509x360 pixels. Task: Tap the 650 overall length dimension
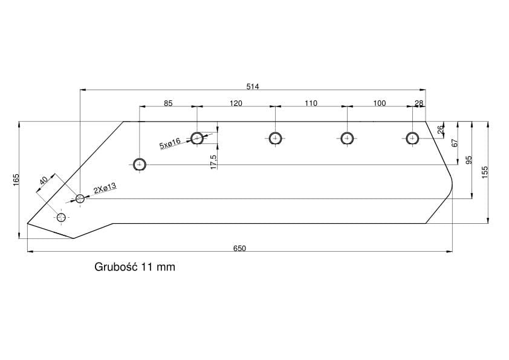pyautogui.click(x=240, y=247)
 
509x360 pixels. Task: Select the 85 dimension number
pyautogui.click(x=168, y=103)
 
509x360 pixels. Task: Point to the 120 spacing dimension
pyautogui.click(x=236, y=103)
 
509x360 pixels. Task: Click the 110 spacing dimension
pyautogui.click(x=311, y=103)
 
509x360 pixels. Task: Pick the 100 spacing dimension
pyautogui.click(x=379, y=103)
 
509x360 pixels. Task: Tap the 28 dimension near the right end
pyautogui.click(x=419, y=103)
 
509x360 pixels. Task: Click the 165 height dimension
pyautogui.click(x=16, y=179)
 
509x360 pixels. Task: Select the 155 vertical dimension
pyautogui.click(x=484, y=172)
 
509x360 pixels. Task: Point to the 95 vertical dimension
pyautogui.click(x=468, y=160)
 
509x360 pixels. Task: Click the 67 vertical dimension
pyautogui.click(x=455, y=143)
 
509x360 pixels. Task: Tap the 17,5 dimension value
pyautogui.click(x=213, y=161)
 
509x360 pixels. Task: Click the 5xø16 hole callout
pyautogui.click(x=170, y=144)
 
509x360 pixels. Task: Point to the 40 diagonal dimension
pyautogui.click(x=43, y=182)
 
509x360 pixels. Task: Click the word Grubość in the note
pyautogui.click(x=116, y=267)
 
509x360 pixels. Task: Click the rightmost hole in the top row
pyautogui.click(x=412, y=138)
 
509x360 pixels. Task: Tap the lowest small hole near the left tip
pyautogui.click(x=61, y=217)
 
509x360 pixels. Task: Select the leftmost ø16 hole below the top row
pyautogui.click(x=140, y=164)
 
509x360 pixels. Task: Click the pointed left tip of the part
pyautogui.click(x=28, y=223)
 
